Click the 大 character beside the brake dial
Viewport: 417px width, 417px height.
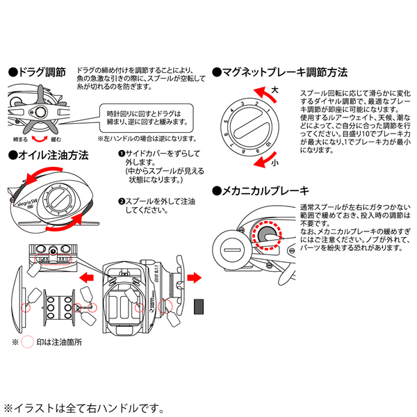[275, 90]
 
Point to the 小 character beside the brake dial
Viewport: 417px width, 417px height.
[275, 162]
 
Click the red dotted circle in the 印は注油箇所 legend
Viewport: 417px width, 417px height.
[28, 343]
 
